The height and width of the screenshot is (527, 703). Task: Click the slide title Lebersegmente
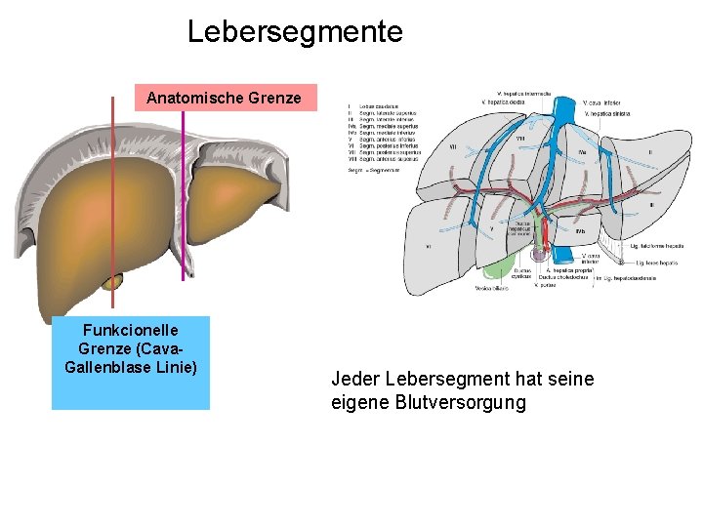click(x=295, y=31)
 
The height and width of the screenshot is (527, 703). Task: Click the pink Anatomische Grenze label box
click(x=224, y=98)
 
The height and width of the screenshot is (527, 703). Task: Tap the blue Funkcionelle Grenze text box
click(x=131, y=362)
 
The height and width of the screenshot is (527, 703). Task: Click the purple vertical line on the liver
click(x=183, y=195)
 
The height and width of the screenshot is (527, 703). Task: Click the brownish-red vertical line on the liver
click(x=113, y=195)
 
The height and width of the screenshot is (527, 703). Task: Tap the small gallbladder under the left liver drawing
click(x=112, y=282)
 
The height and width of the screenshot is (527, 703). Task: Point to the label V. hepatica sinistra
click(x=607, y=114)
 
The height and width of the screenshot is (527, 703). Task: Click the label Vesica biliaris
click(x=492, y=289)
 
